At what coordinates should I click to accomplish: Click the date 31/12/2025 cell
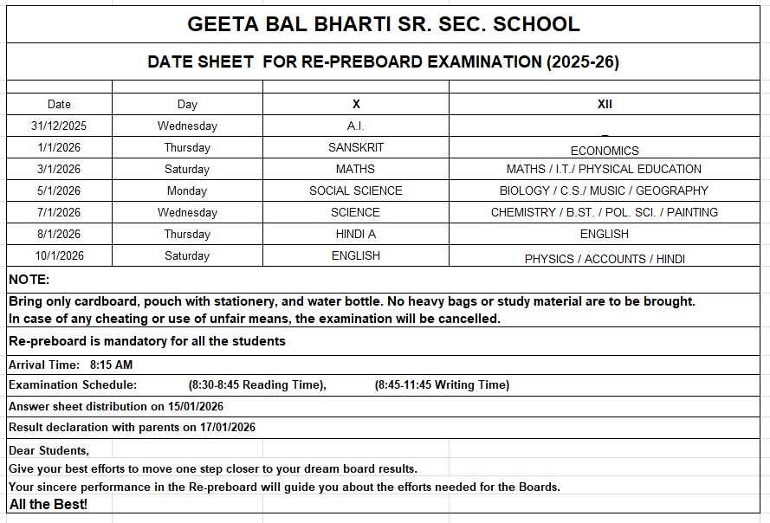[x=59, y=126]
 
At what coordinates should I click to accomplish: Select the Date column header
[x=59, y=104]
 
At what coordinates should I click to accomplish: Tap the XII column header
[x=605, y=104]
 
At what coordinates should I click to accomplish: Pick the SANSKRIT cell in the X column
[x=356, y=147]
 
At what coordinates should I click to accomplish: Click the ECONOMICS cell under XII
[x=605, y=151]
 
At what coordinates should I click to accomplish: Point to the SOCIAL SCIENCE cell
[x=356, y=190]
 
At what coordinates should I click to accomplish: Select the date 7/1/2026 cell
[x=59, y=212]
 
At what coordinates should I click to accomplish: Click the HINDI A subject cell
[x=356, y=234]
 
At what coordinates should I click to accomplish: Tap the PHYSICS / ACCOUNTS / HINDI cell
[x=605, y=259]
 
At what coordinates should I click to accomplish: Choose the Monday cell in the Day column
[x=187, y=190]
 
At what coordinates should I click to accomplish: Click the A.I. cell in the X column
[x=356, y=126]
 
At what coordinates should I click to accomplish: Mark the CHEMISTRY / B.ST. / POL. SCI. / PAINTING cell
[x=605, y=212]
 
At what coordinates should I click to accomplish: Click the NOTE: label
[x=29, y=280]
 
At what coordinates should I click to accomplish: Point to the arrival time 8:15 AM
[x=111, y=365]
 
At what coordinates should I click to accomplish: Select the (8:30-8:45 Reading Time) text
[x=257, y=384]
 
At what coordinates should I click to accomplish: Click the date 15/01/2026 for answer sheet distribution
[x=191, y=406]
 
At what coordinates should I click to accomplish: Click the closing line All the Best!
[x=49, y=504]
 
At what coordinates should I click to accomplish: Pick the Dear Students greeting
[x=49, y=450]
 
